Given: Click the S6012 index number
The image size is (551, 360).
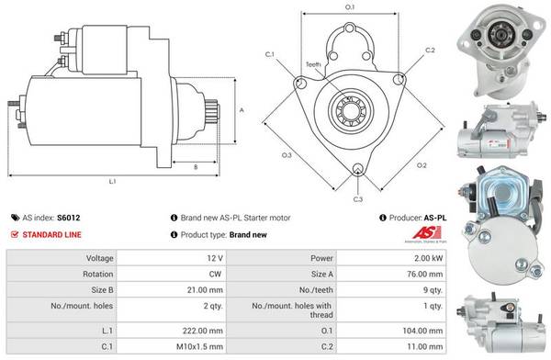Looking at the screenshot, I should [x=69, y=219].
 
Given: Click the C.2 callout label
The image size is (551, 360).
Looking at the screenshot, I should [x=430, y=50].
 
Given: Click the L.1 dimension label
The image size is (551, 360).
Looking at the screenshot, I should [x=112, y=181].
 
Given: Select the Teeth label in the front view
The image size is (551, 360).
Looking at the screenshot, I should [x=313, y=64].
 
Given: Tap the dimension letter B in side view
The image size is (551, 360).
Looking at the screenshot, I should [x=196, y=166].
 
